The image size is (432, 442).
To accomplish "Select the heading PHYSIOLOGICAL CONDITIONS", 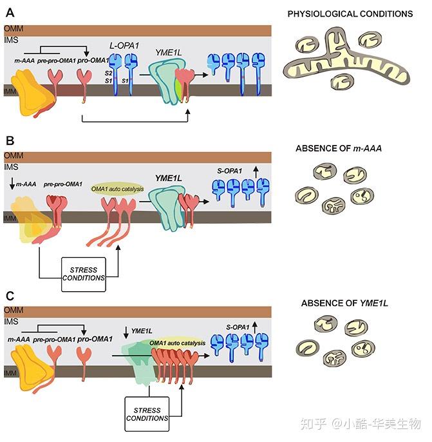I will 350,14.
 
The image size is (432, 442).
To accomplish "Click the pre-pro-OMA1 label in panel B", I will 62,185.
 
